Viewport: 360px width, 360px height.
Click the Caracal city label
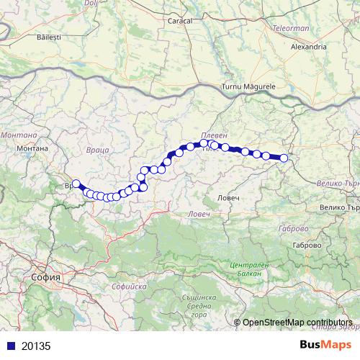[x=180, y=22]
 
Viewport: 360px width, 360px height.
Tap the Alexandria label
[x=307, y=47]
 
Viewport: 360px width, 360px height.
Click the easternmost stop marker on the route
[x=284, y=158]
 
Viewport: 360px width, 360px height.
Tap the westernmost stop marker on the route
[x=76, y=184]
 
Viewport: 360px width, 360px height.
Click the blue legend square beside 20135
[x=9, y=346]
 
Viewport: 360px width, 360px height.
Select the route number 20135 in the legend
[x=36, y=346]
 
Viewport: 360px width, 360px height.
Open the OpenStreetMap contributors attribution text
[x=297, y=322]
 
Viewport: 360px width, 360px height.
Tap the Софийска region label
[x=127, y=287]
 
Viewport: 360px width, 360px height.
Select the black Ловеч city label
[x=232, y=197]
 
